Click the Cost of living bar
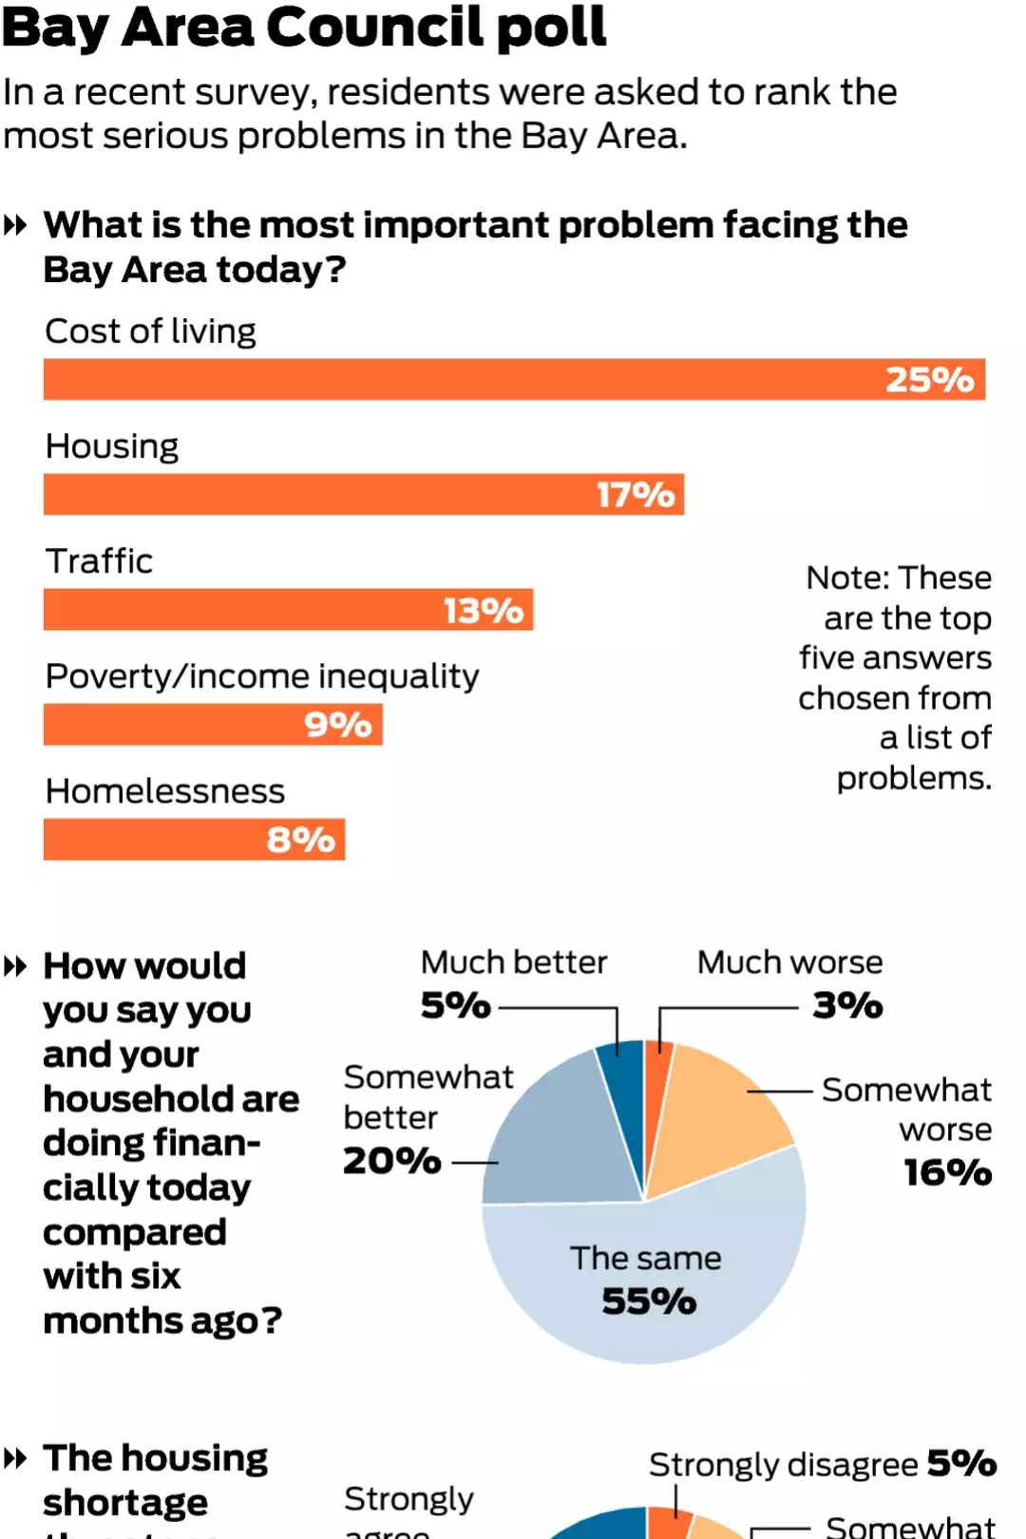(456, 379)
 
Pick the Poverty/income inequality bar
(171, 724)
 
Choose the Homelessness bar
(152, 839)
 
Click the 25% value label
(929, 380)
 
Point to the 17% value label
(635, 495)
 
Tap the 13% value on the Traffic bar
(483, 610)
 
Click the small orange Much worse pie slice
(655, 1083)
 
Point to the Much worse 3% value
(847, 1005)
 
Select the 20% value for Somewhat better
(391, 1161)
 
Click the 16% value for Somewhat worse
(947, 1172)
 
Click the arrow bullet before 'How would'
(15, 967)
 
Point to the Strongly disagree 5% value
(961, 1463)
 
